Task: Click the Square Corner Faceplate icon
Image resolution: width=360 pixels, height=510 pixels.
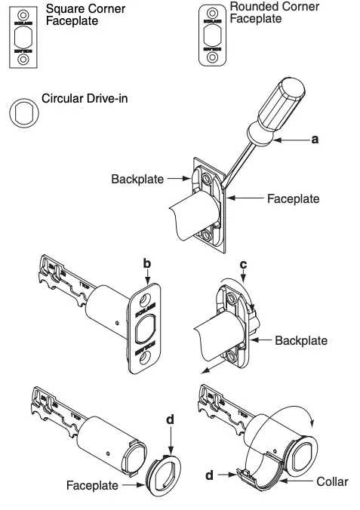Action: tap(23, 36)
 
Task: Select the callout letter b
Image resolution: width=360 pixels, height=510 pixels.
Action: tap(148, 263)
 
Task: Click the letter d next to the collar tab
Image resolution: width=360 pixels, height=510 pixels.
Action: tap(211, 475)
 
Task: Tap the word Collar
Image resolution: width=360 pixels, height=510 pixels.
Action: tap(331, 481)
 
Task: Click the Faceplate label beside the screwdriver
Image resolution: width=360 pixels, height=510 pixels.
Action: tap(294, 199)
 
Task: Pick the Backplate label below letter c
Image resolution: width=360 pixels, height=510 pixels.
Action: tap(301, 340)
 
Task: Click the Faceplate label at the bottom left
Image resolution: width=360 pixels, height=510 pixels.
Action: tap(92, 485)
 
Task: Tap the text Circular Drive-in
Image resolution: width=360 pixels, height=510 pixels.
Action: tap(85, 99)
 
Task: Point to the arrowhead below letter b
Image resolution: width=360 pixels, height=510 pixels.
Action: tap(148, 281)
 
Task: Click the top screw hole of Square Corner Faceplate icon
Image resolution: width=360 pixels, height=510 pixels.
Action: tap(23, 14)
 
